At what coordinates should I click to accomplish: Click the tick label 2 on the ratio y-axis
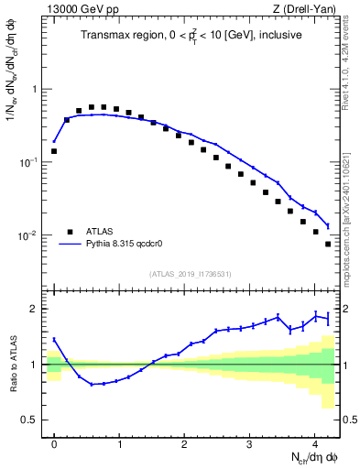click(35, 309)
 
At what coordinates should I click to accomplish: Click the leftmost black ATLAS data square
click(54, 151)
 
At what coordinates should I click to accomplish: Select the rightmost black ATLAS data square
click(328, 244)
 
